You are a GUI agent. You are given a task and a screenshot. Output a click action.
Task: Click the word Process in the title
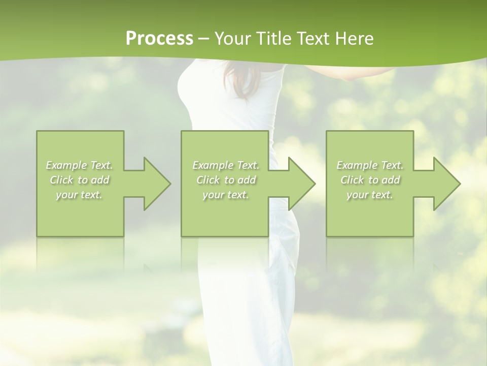tap(159, 39)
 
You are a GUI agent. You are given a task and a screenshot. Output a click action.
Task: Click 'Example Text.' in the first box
tap(79, 165)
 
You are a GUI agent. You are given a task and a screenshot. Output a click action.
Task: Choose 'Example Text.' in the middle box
tap(225, 165)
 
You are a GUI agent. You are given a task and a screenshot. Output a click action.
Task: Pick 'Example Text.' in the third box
tap(369, 165)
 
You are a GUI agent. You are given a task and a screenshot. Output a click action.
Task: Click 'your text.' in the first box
tap(79, 195)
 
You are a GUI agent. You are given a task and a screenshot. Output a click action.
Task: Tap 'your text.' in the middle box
tap(225, 195)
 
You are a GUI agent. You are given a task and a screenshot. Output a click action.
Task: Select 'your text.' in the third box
tap(369, 195)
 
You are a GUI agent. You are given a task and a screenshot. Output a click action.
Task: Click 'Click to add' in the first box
tap(79, 180)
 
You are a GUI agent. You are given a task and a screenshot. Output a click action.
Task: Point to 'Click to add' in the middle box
tap(225, 180)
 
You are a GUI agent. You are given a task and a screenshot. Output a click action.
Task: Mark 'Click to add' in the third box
tap(369, 180)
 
